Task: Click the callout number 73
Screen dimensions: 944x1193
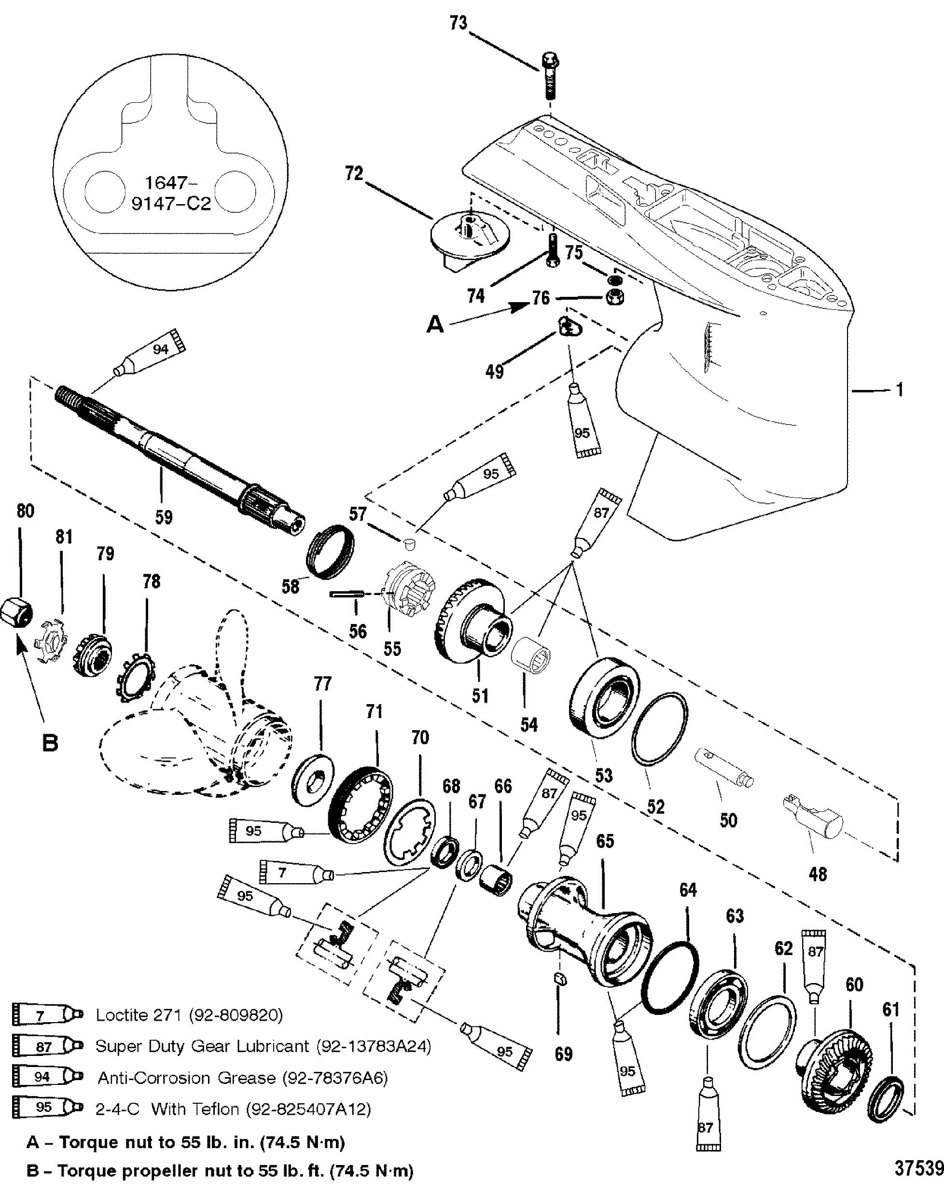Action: pyautogui.click(x=458, y=24)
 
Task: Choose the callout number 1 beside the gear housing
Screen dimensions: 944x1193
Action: pyautogui.click(x=899, y=390)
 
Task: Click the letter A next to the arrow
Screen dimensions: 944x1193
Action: pyautogui.click(x=435, y=325)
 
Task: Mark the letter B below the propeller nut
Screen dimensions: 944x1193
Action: pyautogui.click(x=50, y=743)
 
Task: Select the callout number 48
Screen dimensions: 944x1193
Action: pyautogui.click(x=818, y=874)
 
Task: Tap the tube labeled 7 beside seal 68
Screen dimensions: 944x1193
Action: pyautogui.click(x=296, y=873)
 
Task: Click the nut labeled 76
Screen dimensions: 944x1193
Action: pyautogui.click(x=616, y=297)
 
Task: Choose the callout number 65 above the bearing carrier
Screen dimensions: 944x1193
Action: pyautogui.click(x=605, y=841)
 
